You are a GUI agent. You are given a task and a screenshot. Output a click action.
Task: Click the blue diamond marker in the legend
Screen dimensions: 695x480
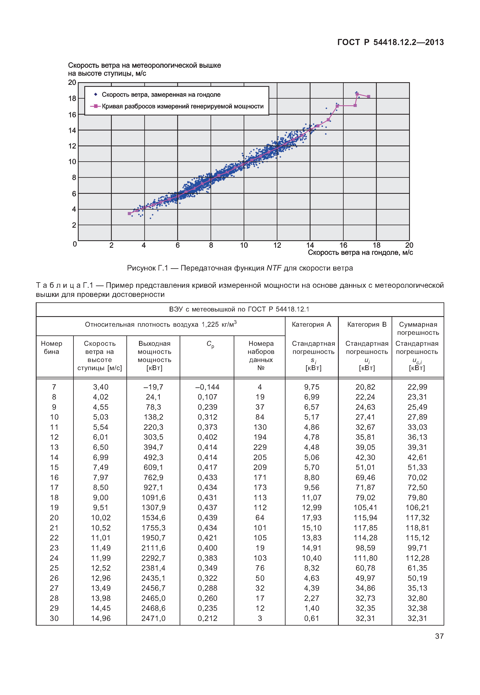[96, 95]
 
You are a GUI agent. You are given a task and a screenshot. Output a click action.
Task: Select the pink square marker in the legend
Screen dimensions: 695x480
[96, 106]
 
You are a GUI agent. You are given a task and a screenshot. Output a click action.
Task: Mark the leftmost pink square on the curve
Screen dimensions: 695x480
[130, 213]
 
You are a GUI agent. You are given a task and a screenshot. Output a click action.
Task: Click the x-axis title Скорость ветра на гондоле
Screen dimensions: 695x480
[360, 253]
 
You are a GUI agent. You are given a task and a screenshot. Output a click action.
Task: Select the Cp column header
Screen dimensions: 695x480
[210, 344]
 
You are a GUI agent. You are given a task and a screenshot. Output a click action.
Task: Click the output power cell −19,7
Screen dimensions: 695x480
[153, 387]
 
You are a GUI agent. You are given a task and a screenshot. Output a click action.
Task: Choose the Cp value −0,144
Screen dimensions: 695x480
[207, 387]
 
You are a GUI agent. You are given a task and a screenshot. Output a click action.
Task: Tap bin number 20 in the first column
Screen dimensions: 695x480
[54, 518]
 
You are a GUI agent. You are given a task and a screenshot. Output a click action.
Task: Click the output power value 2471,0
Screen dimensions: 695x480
[153, 618]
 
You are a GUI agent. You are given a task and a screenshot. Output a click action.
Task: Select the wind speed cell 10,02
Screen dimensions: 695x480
[101, 518]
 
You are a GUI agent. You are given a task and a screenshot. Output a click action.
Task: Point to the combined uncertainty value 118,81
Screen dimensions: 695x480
[417, 528]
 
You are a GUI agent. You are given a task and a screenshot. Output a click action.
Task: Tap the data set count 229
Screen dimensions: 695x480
[260, 447]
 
